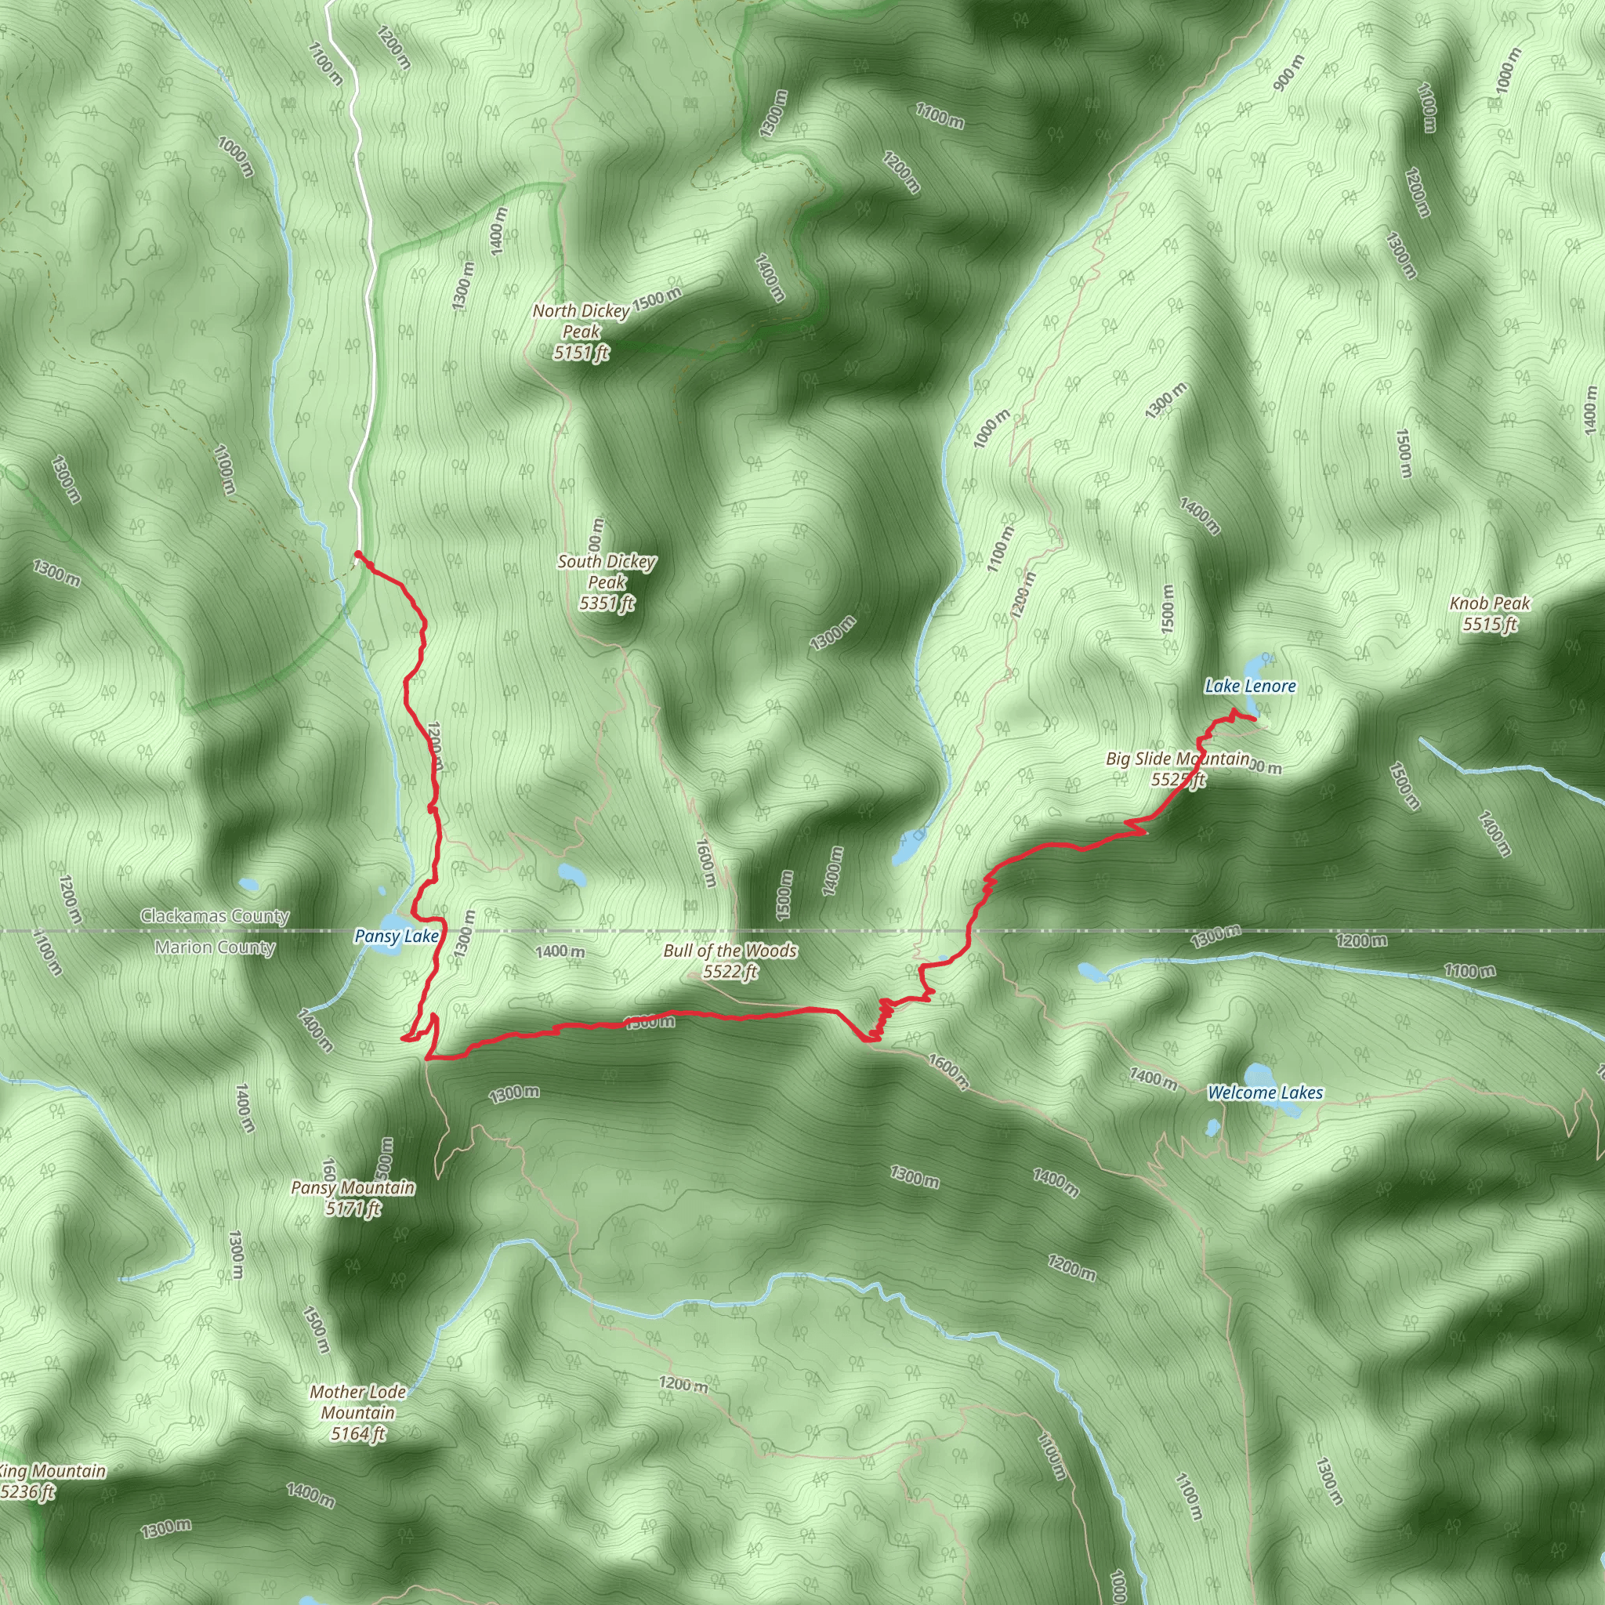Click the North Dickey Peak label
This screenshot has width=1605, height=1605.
581,332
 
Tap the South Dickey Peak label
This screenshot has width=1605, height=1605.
607,582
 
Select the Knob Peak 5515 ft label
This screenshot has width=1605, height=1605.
1490,614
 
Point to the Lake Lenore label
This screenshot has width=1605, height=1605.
1249,687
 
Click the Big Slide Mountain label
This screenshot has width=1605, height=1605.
1177,769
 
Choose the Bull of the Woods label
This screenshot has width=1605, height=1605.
730,960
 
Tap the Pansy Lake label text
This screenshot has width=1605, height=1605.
397,937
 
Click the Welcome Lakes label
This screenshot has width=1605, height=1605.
1264,1093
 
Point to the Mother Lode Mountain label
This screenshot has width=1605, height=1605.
357,1412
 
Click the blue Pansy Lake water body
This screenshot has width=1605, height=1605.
389,924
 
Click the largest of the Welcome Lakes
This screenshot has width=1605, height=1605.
1258,1074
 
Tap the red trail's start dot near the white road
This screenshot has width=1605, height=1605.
357,554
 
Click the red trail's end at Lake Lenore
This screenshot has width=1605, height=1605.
1253,719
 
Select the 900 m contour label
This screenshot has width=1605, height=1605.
1284,73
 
